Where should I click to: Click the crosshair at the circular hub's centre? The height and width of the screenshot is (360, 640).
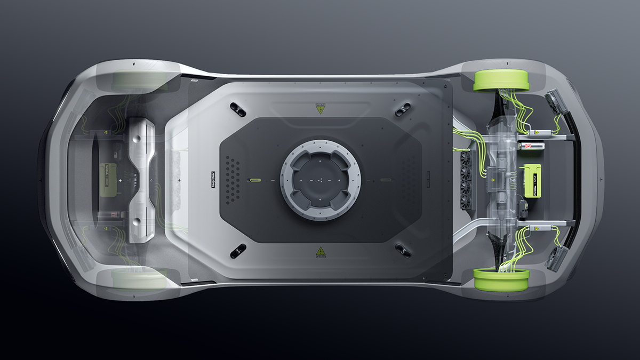[321, 180]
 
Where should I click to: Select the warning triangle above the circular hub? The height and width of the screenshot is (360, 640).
[320, 109]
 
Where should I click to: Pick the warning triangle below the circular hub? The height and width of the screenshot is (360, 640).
[320, 251]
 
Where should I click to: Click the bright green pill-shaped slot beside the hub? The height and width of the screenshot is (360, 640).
[254, 181]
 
